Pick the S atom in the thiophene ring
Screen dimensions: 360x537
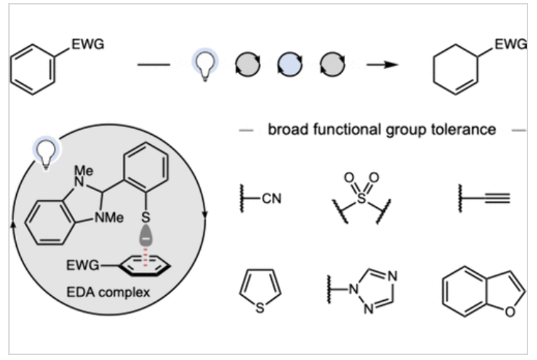259,309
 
